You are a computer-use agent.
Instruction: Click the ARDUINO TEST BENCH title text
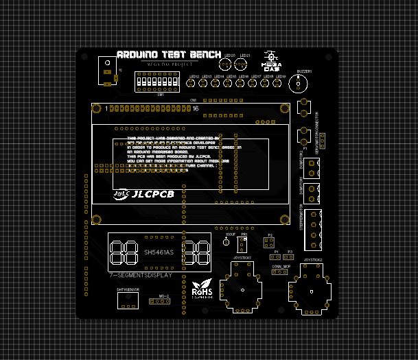[x=169, y=54]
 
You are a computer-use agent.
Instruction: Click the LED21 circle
[x=241, y=64]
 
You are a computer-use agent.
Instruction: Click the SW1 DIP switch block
[x=157, y=83]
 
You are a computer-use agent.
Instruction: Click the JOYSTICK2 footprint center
[x=313, y=291]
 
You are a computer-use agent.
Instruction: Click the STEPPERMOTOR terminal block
[x=314, y=224]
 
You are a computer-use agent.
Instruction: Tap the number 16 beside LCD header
[x=196, y=109]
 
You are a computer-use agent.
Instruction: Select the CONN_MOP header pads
[x=281, y=272]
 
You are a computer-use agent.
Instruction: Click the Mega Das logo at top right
[x=272, y=60]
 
